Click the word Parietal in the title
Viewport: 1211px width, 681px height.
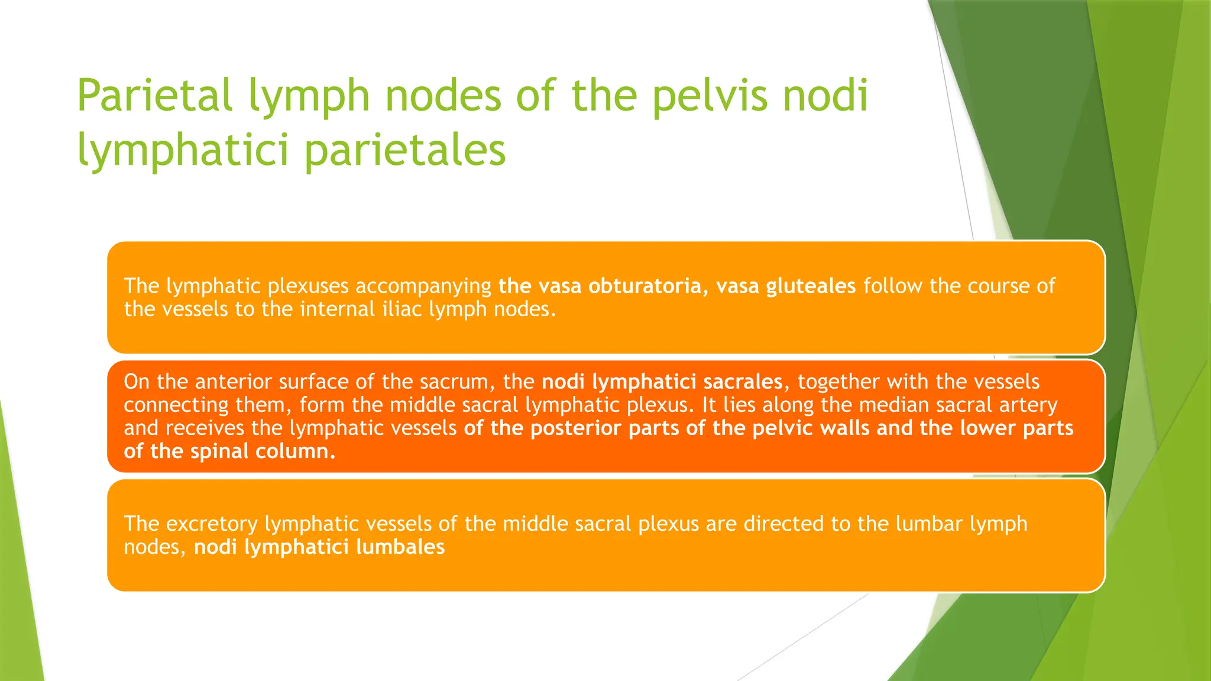click(154, 96)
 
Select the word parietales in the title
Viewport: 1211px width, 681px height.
click(405, 150)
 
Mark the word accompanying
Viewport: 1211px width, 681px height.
click(423, 286)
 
